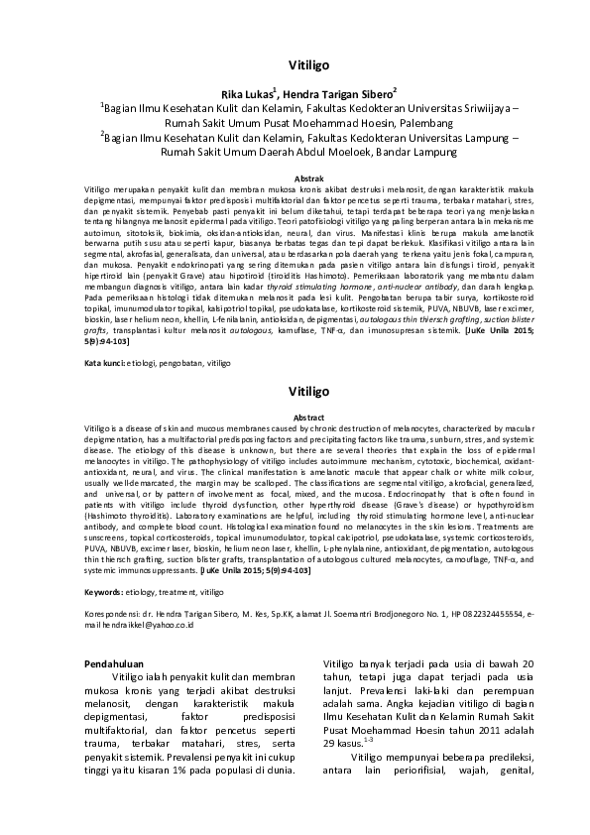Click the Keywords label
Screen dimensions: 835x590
pos(108,591)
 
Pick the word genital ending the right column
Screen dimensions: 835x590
pos(517,775)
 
